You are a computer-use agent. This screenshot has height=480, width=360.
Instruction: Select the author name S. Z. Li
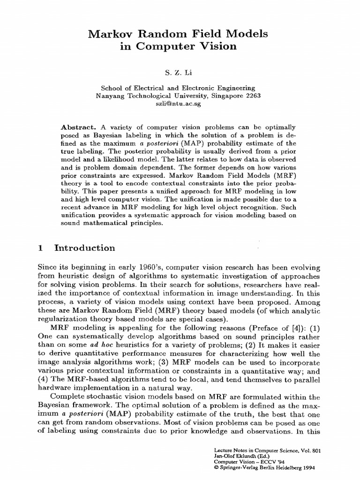(x=179, y=73)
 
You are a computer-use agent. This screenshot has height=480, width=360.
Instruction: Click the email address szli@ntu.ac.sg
(x=178, y=104)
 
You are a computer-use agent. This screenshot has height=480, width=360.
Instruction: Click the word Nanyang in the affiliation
(x=110, y=96)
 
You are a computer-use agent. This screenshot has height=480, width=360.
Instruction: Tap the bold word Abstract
(x=78, y=127)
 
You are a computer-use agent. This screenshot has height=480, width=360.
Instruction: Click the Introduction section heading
(x=84, y=248)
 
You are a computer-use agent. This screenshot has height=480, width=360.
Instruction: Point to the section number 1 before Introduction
(x=41, y=248)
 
